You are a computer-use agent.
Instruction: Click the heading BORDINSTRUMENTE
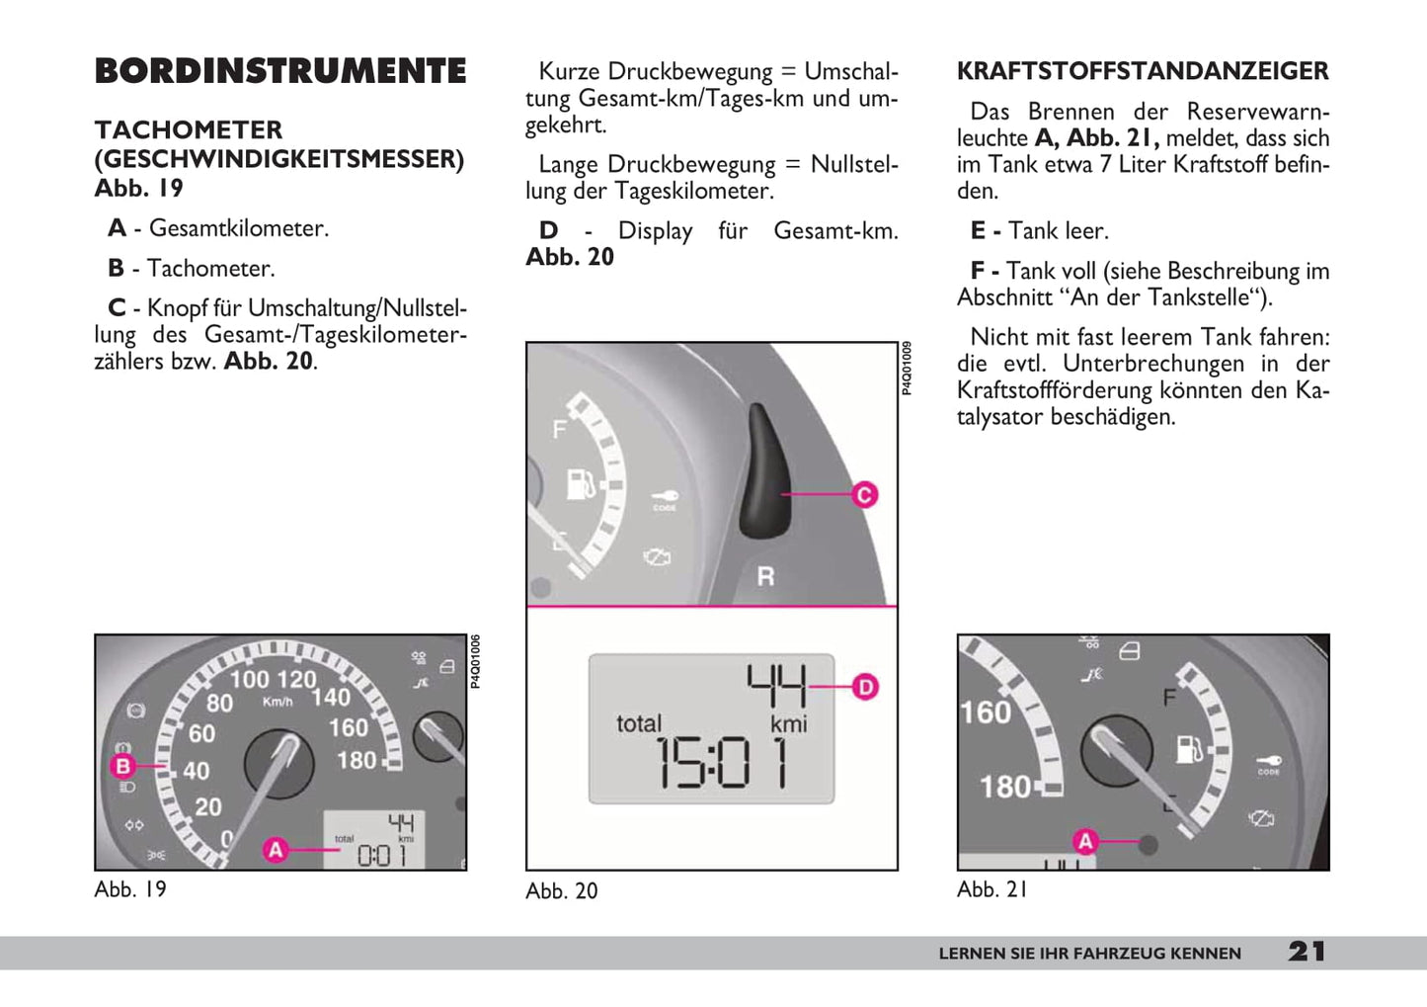point(280,71)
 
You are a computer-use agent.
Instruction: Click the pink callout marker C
point(864,494)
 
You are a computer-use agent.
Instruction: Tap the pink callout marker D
point(865,686)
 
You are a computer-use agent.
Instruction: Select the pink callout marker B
point(123,766)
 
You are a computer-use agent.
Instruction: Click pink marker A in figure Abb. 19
point(276,849)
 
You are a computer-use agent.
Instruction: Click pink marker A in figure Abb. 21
point(1085,841)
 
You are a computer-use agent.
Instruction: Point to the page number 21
point(1307,952)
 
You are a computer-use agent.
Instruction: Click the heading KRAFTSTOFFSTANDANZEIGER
point(1143,71)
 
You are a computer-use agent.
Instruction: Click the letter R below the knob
point(765,575)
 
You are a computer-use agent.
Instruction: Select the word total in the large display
point(639,724)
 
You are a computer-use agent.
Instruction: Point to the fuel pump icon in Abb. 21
point(1189,749)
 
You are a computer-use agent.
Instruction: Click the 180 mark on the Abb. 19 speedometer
point(357,760)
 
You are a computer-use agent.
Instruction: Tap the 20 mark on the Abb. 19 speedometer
point(208,807)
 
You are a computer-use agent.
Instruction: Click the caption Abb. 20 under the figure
point(562,890)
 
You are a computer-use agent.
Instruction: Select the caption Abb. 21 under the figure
point(991,889)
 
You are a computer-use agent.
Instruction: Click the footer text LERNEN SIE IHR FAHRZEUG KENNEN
point(1089,954)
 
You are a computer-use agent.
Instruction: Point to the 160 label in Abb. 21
point(985,713)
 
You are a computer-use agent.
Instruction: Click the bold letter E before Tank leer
point(978,231)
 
